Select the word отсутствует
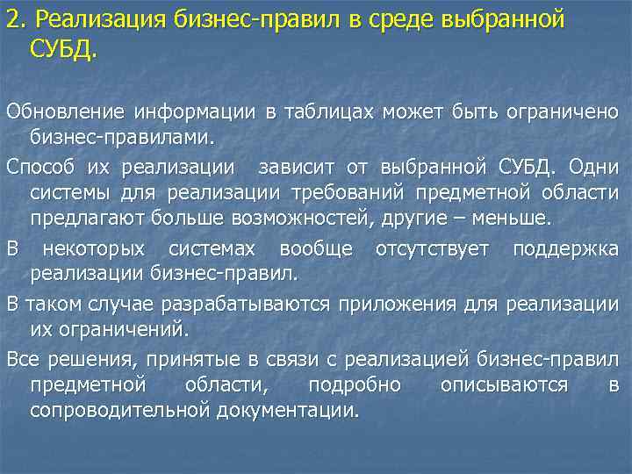432,249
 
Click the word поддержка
566,249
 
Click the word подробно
354,385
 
